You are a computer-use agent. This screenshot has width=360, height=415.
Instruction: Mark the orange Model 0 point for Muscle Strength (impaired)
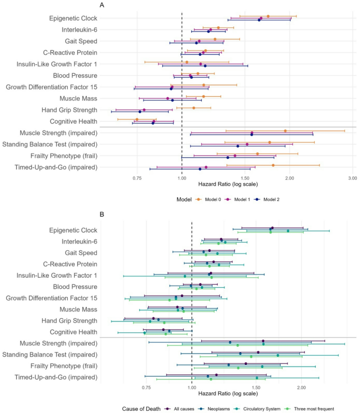[x=285, y=131]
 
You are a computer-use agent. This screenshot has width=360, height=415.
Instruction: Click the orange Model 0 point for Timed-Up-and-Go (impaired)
[x=273, y=165]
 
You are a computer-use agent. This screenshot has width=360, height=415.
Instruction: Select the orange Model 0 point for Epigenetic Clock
[x=268, y=16]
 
